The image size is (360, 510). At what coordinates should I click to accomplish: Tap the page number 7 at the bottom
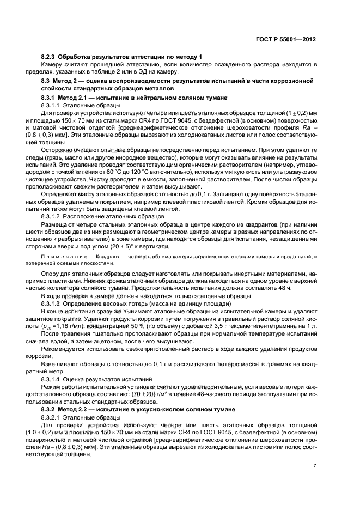(315, 466)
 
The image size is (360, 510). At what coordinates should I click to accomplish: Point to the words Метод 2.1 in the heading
(72, 97)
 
